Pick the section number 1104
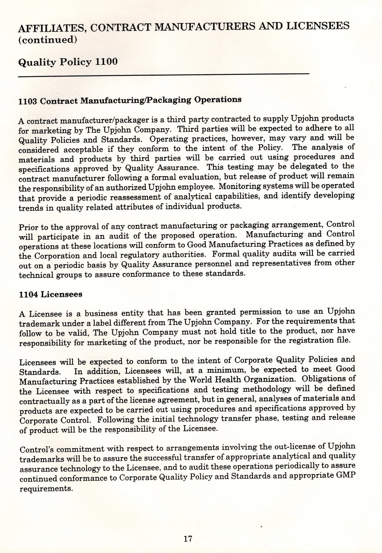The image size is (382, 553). (28, 295)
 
